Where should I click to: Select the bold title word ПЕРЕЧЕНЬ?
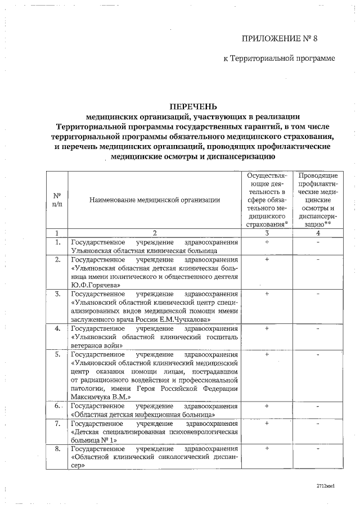point(193,107)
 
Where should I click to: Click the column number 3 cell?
point(267,232)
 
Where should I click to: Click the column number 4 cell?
point(318,232)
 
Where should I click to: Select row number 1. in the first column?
point(57,242)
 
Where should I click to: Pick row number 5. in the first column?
point(57,355)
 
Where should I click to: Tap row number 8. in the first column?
point(57,448)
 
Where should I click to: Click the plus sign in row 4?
point(267,328)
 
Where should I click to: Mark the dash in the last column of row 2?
point(318,260)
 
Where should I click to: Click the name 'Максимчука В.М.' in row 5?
point(101,397)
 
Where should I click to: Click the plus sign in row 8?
point(267,449)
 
